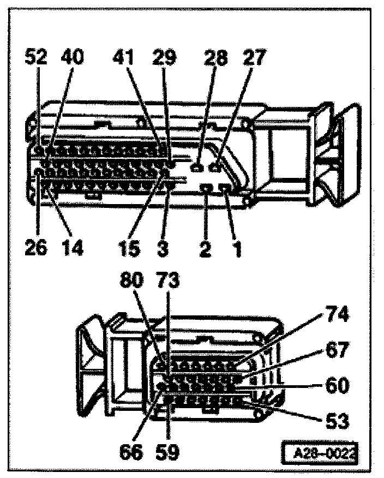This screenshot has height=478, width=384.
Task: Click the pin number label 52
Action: coord(38,57)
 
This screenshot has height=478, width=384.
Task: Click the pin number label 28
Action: coord(217,57)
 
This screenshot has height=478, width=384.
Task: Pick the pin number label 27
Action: coord(254,57)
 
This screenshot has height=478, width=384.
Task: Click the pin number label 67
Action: coord(337,350)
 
